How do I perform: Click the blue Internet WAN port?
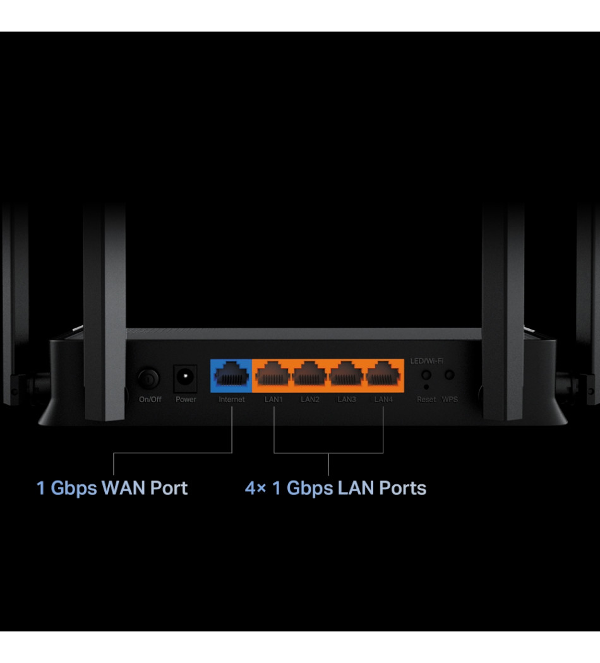click(x=231, y=376)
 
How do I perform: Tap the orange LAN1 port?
click(x=273, y=376)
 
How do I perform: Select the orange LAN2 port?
click(x=310, y=376)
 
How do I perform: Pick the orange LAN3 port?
click(x=347, y=376)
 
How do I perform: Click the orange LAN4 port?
click(x=383, y=376)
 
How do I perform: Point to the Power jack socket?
click(x=185, y=378)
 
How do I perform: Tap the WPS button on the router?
click(x=450, y=375)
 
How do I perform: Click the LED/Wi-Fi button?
click(x=426, y=375)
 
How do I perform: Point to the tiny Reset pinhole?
click(x=426, y=386)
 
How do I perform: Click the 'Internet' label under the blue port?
click(x=231, y=400)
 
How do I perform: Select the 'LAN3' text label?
click(x=347, y=400)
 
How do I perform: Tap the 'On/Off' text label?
click(x=150, y=400)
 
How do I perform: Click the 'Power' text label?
click(x=186, y=400)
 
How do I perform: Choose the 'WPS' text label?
click(x=450, y=400)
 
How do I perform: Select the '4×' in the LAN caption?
click(x=255, y=488)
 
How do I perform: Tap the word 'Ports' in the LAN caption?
click(x=402, y=488)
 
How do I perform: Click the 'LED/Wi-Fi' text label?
click(x=427, y=360)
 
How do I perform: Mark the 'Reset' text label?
click(x=426, y=400)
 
